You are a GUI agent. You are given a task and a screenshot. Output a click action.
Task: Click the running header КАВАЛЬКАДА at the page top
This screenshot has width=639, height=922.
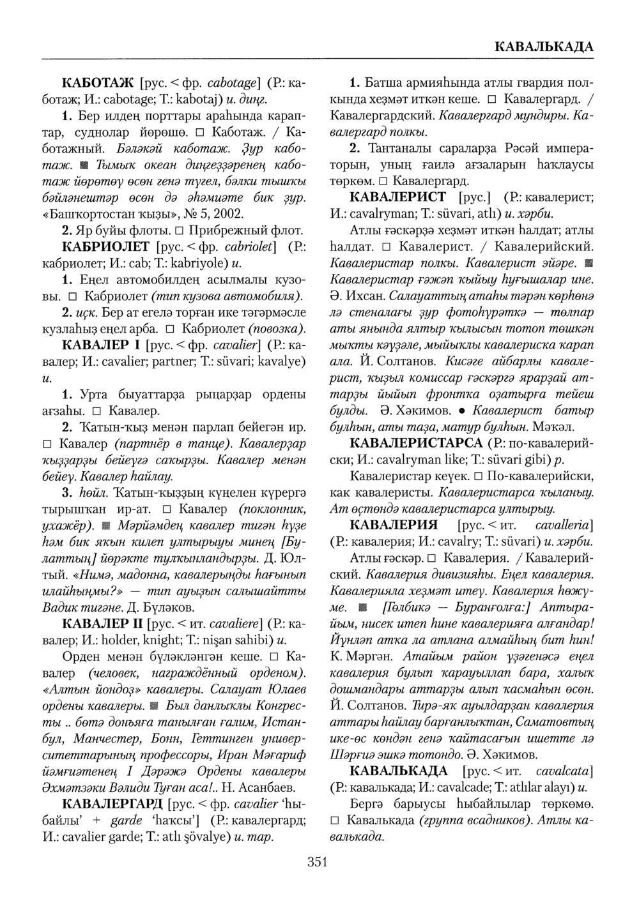(544, 47)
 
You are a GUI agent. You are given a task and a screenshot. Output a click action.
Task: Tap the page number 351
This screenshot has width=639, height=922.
(318, 863)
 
